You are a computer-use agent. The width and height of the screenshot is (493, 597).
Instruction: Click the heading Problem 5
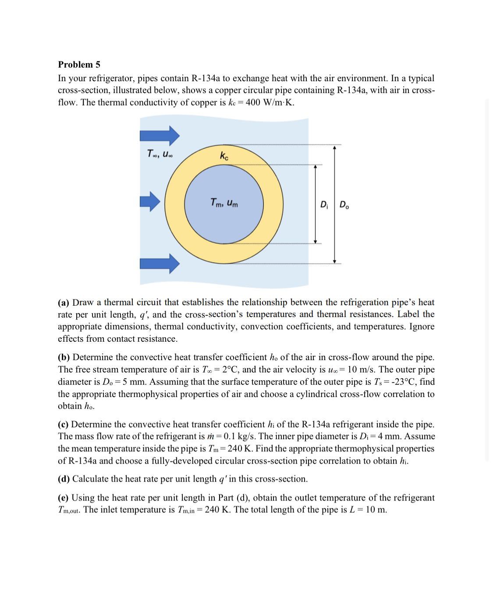(79, 64)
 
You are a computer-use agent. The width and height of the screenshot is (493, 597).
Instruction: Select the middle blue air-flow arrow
(150, 202)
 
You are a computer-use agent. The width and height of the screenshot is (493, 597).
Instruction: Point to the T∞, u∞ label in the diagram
(160, 154)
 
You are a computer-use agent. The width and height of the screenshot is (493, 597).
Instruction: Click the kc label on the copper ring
(224, 156)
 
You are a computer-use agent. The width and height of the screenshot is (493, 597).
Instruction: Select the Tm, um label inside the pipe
(224, 203)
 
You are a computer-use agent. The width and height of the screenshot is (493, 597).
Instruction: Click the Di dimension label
(324, 205)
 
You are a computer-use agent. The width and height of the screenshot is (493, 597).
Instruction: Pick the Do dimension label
(344, 205)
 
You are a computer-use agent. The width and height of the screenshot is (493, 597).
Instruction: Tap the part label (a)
(64, 303)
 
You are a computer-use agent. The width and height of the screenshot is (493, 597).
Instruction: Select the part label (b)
(64, 357)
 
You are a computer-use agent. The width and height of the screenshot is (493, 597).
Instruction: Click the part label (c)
(64, 425)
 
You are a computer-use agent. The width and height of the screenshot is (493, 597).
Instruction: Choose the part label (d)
(64, 479)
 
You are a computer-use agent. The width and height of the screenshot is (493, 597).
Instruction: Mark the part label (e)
(64, 498)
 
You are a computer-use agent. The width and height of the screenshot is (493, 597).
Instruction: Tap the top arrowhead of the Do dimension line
(334, 148)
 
